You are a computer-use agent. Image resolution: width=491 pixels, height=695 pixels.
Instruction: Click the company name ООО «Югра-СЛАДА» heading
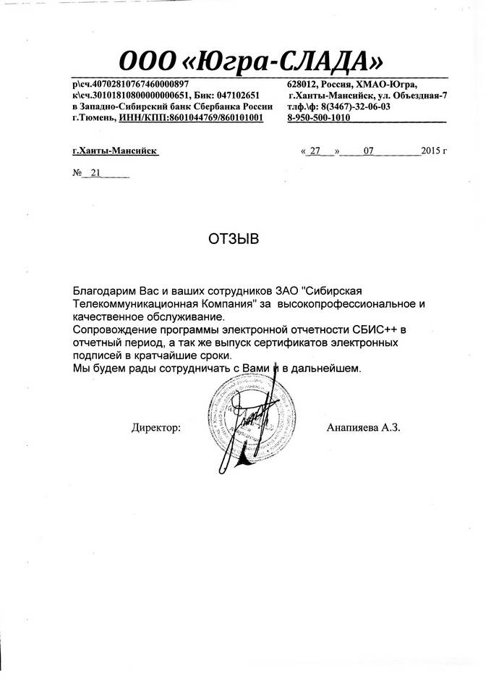pos(251,57)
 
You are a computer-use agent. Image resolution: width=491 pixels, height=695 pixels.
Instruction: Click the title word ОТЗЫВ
pos(234,239)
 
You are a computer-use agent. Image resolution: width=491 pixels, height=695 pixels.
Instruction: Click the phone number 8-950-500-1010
pos(314,117)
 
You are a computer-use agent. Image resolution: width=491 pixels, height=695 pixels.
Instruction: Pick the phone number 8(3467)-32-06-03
pos(354,106)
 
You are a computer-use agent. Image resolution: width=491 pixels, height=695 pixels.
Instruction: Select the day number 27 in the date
pos(315,151)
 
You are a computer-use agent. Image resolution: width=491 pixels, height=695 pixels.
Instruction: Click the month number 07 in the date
pos(369,151)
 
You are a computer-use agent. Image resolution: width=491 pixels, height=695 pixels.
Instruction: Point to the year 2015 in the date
pos(431,151)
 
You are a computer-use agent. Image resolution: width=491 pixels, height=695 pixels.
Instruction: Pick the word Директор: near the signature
pos(155,428)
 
